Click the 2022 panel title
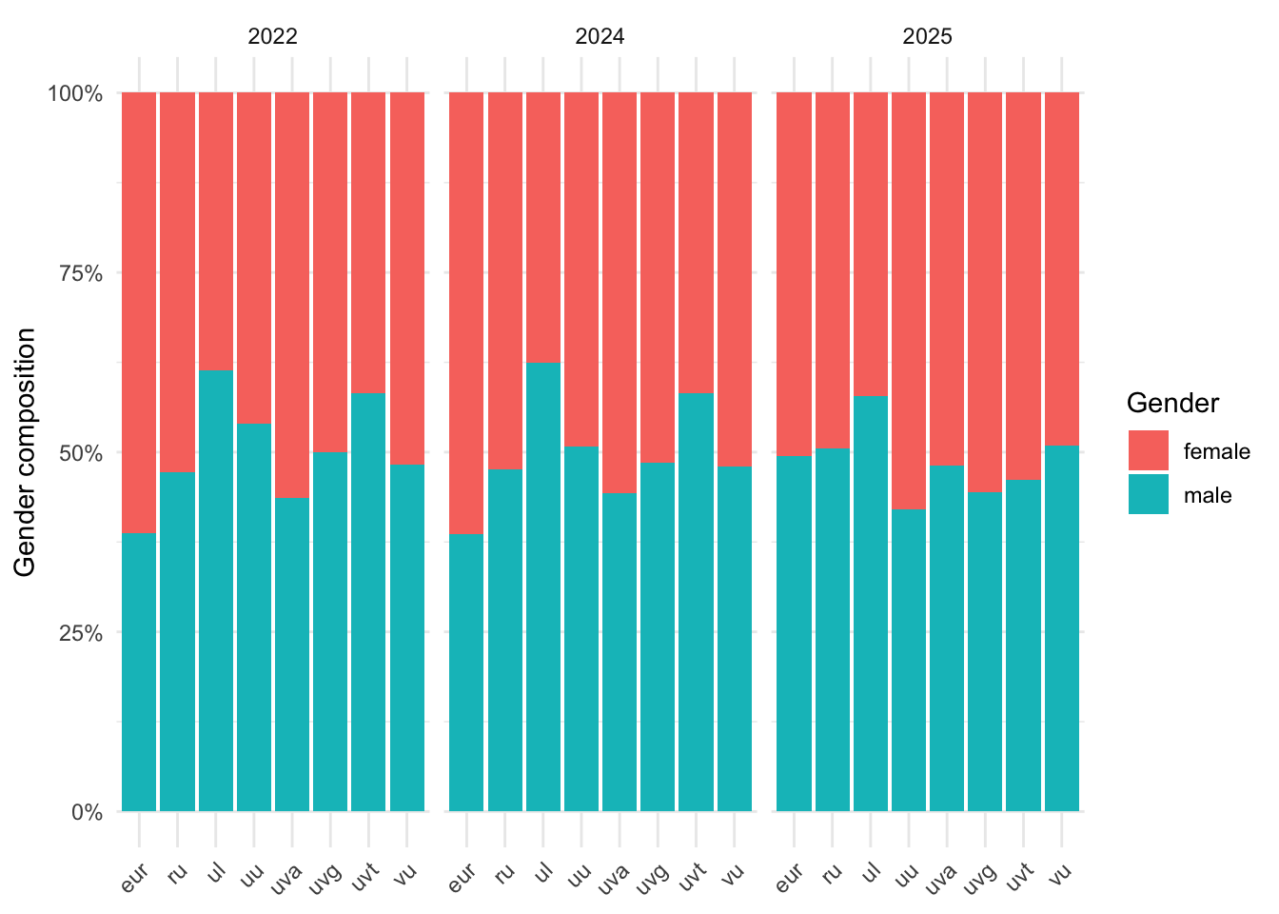(272, 37)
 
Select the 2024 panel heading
(600, 37)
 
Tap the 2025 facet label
(927, 37)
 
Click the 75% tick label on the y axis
(76, 273)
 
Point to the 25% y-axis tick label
(76, 633)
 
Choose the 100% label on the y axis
(74, 93)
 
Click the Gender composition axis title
(26, 452)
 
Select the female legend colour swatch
(1148, 450)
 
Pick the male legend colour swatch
(1148, 495)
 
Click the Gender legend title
(1172, 404)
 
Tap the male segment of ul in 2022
(216, 590)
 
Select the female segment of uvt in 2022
(368, 243)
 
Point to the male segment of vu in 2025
(1062, 628)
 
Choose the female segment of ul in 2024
(543, 228)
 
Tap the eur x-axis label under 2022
(136, 878)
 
